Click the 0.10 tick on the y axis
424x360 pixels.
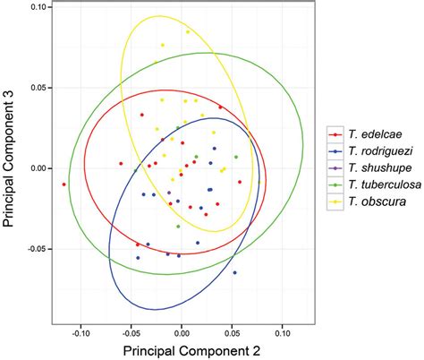click(38, 7)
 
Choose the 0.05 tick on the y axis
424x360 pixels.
click(38, 88)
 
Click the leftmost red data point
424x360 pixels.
click(64, 184)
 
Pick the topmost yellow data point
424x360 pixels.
click(188, 32)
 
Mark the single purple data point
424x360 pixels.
click(169, 193)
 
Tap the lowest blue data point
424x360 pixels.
click(234, 272)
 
